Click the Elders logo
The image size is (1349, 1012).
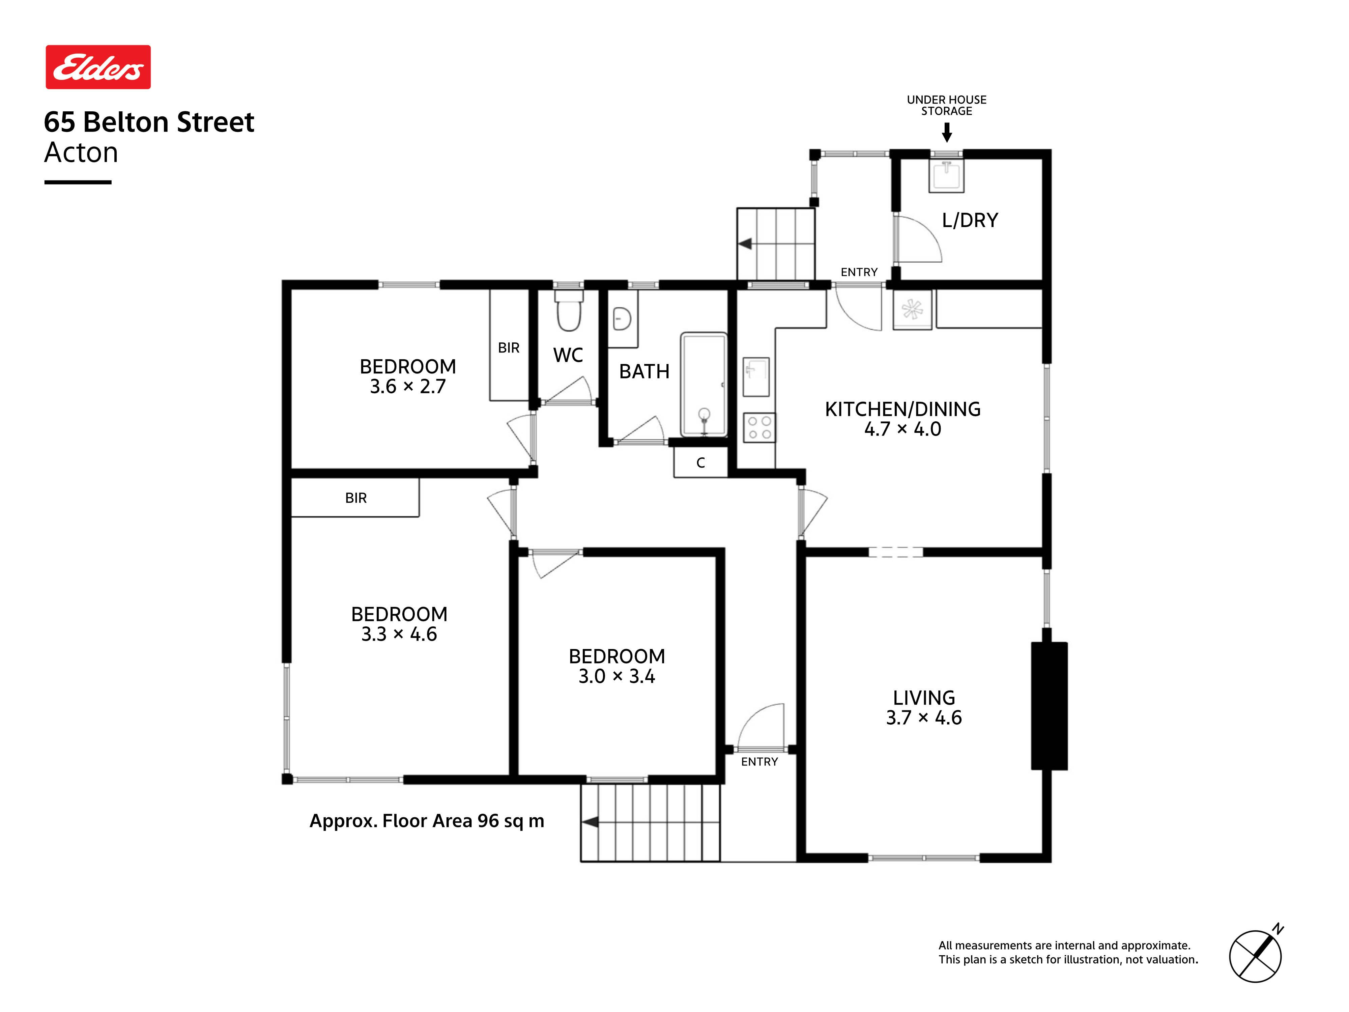[x=98, y=67]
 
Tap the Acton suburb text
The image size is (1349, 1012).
[x=81, y=152]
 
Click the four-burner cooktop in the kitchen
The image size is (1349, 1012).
[x=759, y=427]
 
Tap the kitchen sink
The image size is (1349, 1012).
[x=756, y=377]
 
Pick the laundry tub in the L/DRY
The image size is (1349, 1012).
[x=947, y=176]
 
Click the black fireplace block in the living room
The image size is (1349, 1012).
[x=1049, y=706]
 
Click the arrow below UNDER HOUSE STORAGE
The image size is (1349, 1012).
[x=947, y=132]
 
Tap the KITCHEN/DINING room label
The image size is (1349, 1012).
[x=902, y=419]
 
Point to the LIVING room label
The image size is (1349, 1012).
[x=924, y=708]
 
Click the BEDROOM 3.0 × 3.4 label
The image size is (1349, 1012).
[x=616, y=666]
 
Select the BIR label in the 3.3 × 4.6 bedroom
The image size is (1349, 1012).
[x=356, y=498]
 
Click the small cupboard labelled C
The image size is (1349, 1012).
[x=701, y=462]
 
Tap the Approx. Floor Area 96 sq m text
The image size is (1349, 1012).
[x=427, y=821]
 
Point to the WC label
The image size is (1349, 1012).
[x=568, y=355]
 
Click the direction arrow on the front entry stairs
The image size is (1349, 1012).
[x=590, y=822]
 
